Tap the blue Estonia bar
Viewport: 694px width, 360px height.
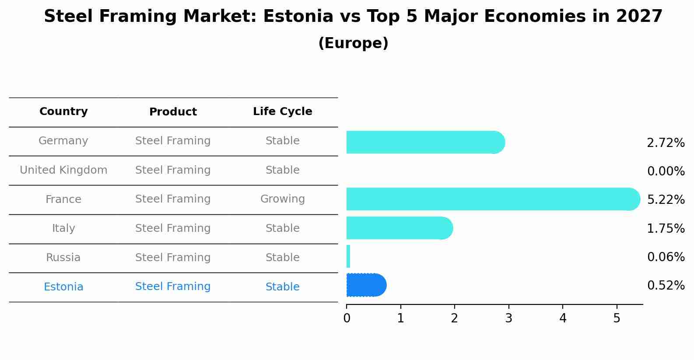coord(366,285)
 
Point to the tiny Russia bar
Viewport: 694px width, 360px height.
coord(348,256)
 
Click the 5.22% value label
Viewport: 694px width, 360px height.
coord(666,200)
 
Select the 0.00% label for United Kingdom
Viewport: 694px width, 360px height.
coord(666,171)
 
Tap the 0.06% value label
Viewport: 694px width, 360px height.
coord(666,257)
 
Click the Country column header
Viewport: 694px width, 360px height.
coord(63,112)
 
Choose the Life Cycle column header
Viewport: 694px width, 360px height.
coord(282,112)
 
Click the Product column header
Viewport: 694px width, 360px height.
coord(173,112)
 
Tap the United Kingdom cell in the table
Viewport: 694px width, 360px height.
coord(63,170)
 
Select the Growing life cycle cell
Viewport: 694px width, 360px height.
coord(282,199)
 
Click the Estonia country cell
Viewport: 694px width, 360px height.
coord(63,287)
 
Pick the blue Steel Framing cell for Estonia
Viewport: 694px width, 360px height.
coord(173,287)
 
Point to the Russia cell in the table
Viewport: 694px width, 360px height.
coord(63,258)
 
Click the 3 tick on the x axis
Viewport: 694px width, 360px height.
coord(508,318)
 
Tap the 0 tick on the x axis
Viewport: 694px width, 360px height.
coord(347,318)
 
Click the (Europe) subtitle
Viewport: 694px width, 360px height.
coord(353,43)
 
